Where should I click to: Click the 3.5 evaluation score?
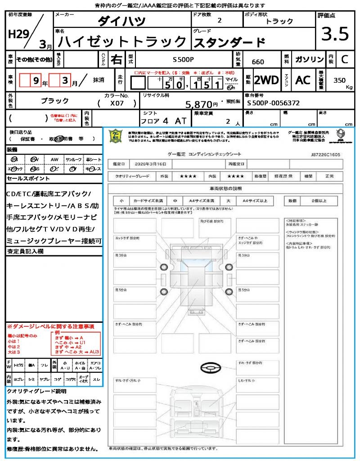(333, 34)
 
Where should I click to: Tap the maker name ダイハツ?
(122, 21)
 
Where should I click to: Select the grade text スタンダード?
(229, 42)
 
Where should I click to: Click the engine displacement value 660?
(258, 62)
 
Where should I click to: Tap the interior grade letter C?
(344, 59)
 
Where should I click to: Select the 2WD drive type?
(266, 80)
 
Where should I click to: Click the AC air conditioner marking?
(303, 80)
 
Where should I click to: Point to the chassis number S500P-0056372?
(274, 103)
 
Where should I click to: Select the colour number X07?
(118, 104)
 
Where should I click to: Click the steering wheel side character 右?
(117, 59)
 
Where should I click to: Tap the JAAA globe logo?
(340, 134)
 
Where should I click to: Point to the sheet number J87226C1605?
(325, 154)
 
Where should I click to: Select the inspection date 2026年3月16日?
(149, 164)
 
